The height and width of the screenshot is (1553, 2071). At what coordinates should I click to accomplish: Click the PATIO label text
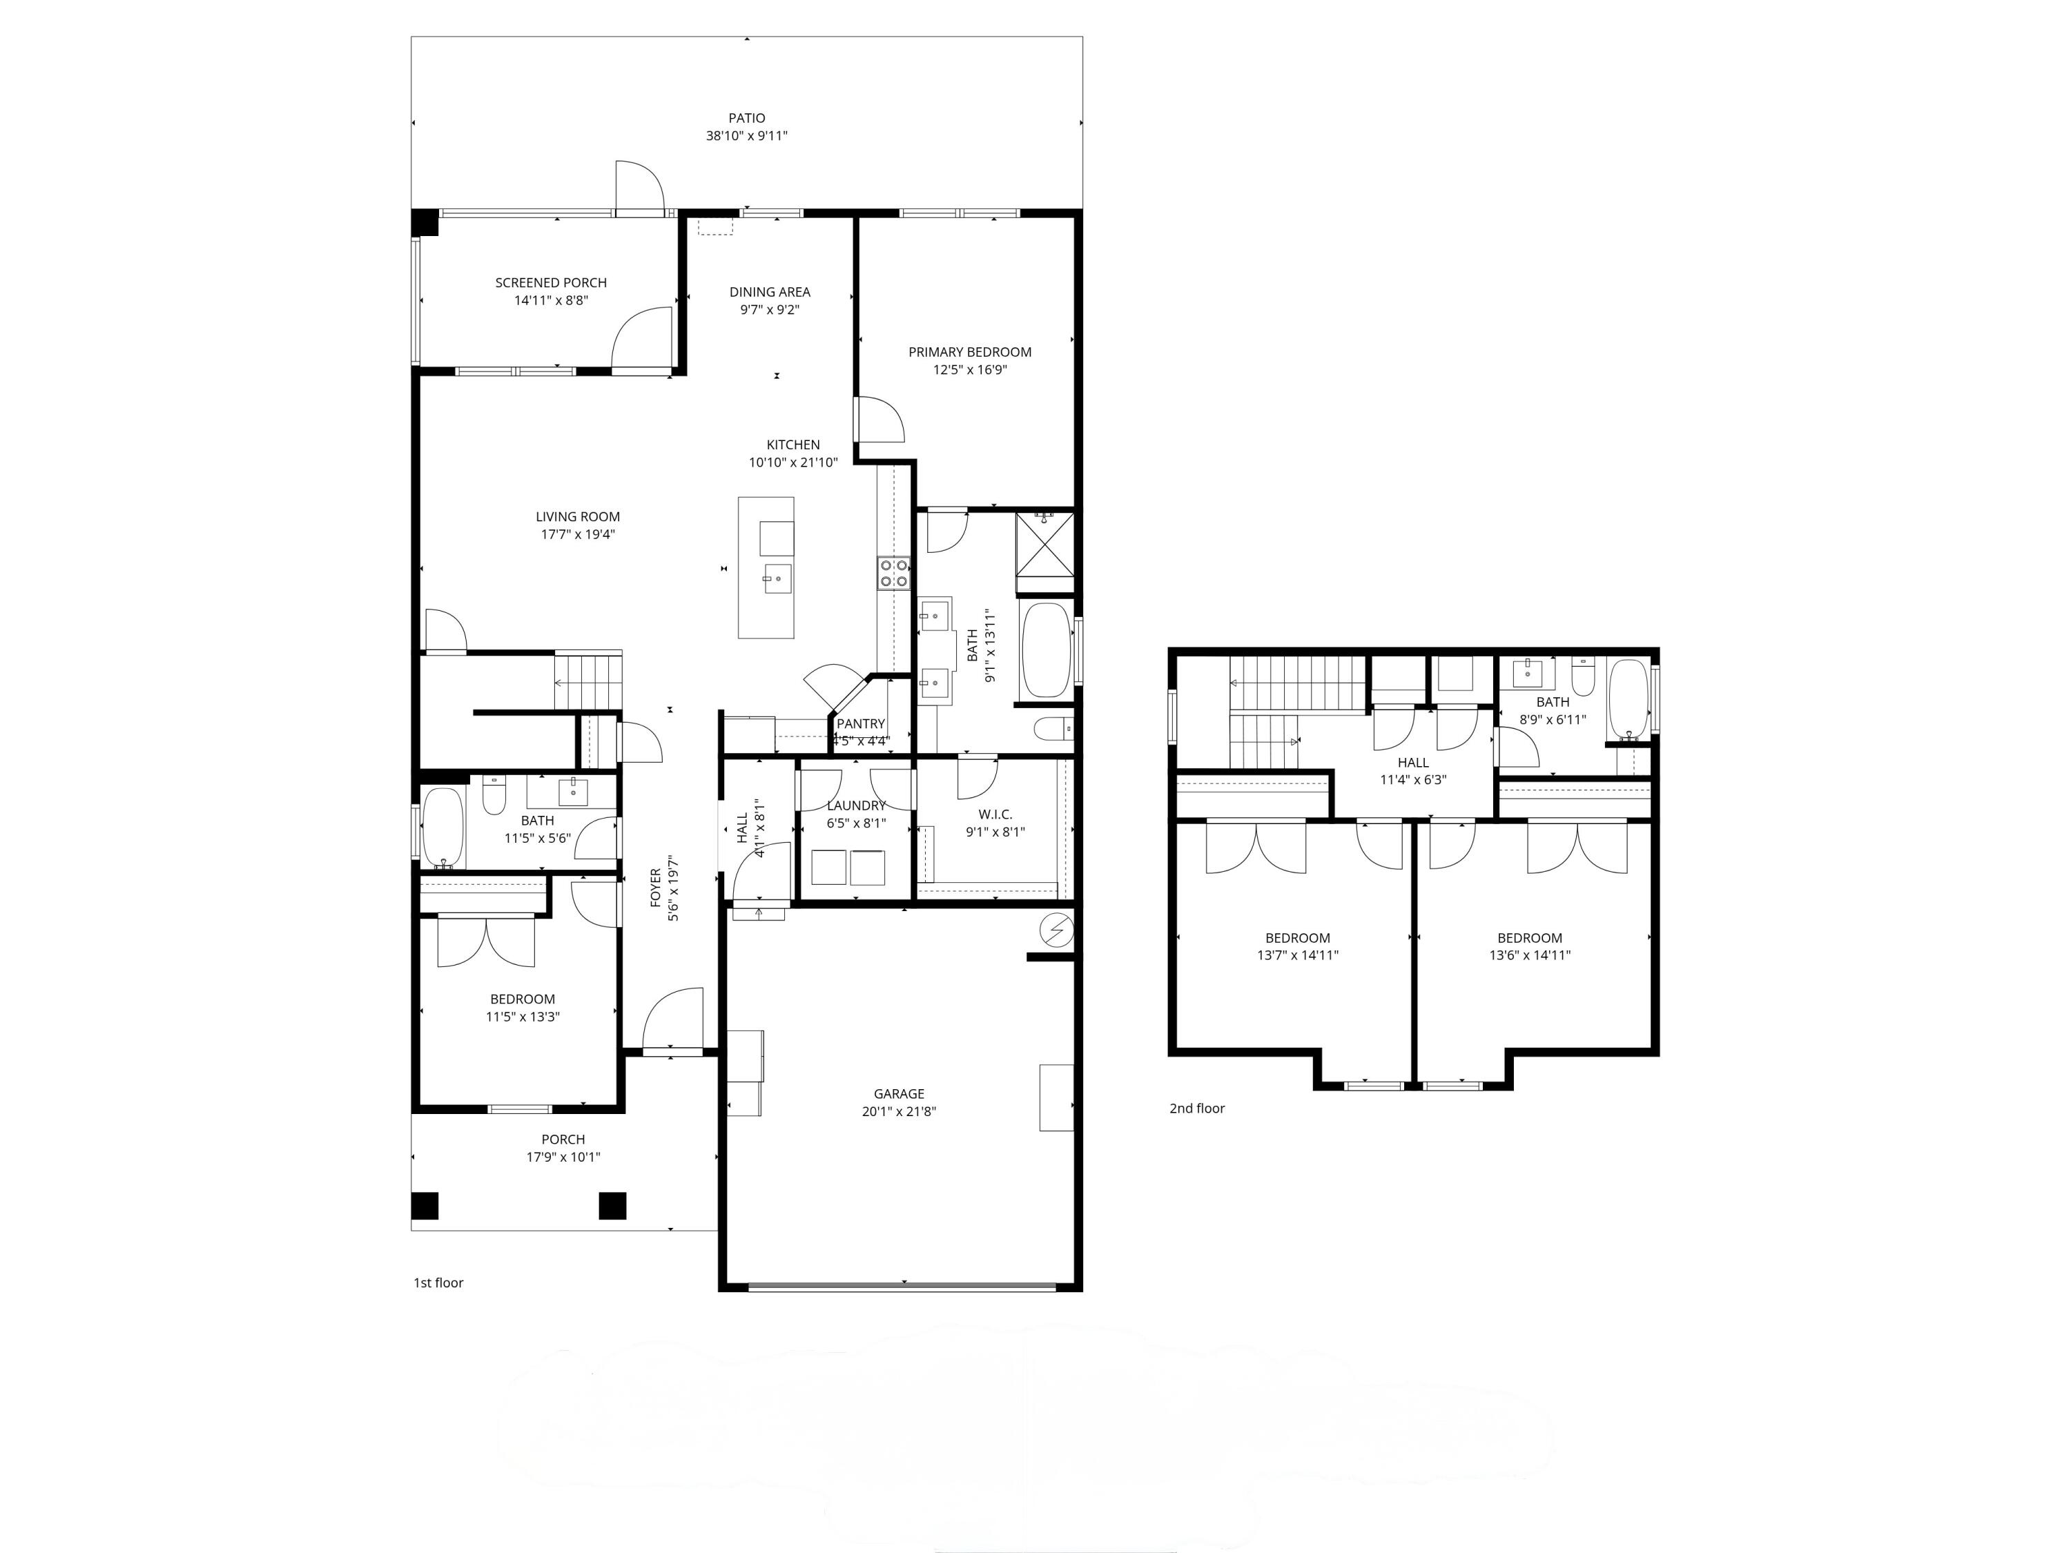(746, 118)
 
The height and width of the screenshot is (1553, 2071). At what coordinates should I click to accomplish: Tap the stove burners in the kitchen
(893, 573)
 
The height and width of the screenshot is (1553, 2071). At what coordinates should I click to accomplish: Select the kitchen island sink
(776, 578)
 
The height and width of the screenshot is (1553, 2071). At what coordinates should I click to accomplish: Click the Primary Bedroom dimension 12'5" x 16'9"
(969, 370)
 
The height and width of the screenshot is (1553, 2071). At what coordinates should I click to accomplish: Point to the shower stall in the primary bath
(1045, 543)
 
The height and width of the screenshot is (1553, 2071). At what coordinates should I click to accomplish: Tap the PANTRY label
(859, 723)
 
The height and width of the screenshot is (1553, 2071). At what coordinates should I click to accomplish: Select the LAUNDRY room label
(856, 805)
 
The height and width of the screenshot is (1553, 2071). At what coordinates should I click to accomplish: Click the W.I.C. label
(994, 814)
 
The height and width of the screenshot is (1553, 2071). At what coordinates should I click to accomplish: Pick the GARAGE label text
(899, 1093)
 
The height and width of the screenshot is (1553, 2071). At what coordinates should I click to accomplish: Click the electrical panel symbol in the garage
(1057, 930)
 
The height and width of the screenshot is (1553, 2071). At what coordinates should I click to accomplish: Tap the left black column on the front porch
(425, 1206)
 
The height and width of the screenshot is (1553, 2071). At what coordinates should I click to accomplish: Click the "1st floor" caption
(438, 1282)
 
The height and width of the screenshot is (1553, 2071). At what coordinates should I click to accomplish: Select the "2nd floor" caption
(1196, 1108)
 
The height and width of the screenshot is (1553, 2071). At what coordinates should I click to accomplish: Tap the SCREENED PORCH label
(550, 283)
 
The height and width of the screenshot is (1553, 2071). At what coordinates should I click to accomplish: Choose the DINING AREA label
(770, 292)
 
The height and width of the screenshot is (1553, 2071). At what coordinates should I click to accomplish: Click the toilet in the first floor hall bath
(494, 796)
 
